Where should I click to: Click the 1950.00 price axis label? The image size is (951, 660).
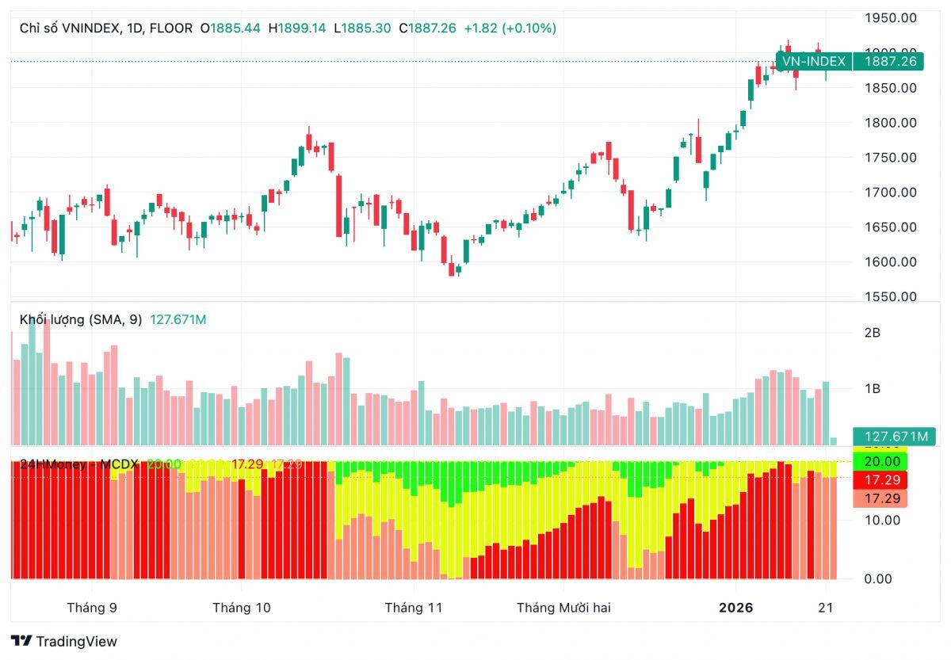[x=890, y=17]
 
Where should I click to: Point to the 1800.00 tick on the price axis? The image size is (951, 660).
[x=890, y=123]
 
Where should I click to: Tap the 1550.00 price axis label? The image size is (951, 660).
[x=890, y=296]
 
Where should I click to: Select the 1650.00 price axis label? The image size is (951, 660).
[x=890, y=227]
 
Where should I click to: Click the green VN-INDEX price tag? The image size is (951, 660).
[x=813, y=61]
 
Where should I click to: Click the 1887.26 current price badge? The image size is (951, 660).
[x=889, y=61]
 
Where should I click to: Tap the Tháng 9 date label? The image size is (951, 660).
[x=92, y=608]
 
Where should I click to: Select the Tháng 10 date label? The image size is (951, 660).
[x=241, y=608]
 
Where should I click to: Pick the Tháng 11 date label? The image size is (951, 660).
[x=413, y=608]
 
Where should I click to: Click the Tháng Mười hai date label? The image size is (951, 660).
[x=563, y=608]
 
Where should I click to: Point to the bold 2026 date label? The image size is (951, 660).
[x=736, y=608]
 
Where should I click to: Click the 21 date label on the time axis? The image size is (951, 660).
[x=826, y=608]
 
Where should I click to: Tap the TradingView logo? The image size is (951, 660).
[x=64, y=641]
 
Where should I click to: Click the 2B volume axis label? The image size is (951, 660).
[x=872, y=333]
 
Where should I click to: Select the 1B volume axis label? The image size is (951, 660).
[x=872, y=388]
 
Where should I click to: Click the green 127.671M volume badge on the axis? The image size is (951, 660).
[x=894, y=437]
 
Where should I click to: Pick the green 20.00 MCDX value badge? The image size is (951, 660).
[x=880, y=461]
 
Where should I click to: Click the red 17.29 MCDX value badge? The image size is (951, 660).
[x=880, y=480]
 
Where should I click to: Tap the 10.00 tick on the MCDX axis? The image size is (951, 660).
[x=882, y=520]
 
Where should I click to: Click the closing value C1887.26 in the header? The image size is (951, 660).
[x=427, y=28]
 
